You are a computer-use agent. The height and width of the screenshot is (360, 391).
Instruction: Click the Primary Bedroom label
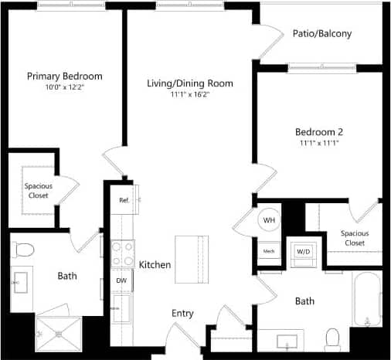pos(65,76)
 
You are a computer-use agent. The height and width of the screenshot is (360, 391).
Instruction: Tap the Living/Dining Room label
pos(190,83)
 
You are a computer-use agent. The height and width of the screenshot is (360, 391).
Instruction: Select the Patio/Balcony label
pos(322,33)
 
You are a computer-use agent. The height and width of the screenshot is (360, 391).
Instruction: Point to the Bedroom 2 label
pos(320,131)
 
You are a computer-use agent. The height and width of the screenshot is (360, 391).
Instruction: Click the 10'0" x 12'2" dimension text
pos(65,88)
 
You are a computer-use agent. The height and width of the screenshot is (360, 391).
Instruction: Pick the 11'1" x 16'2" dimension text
pos(190,95)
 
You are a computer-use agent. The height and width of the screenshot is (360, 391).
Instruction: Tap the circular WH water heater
pos(270,220)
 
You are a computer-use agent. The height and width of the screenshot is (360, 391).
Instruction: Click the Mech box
pos(270,250)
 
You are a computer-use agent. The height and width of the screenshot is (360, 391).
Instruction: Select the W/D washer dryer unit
pos(302,251)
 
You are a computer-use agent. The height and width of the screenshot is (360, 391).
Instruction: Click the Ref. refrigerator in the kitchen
pos(124,199)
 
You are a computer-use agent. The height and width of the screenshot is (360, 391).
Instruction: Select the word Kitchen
pos(155,265)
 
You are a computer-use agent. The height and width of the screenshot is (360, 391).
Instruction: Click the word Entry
pos(182,313)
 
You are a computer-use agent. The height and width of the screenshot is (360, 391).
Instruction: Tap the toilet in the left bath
pos(25,249)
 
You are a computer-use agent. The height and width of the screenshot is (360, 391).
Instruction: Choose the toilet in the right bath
pos(333,338)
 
